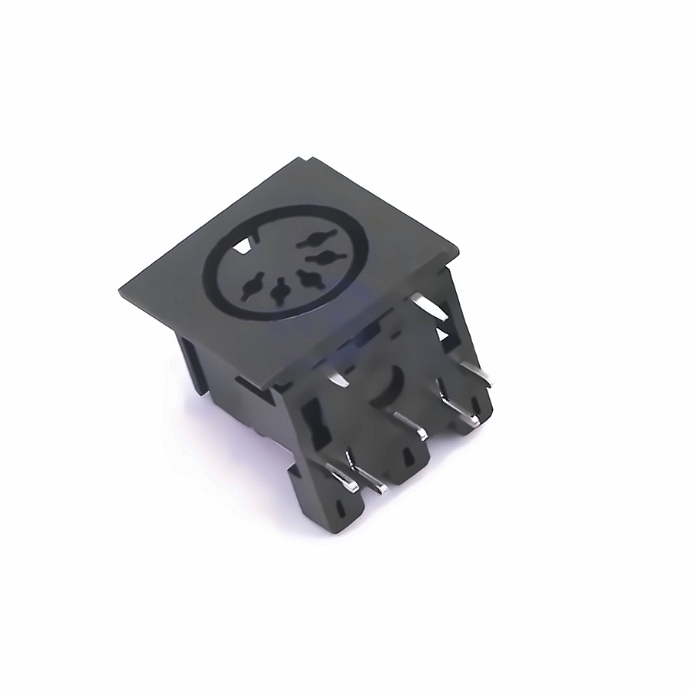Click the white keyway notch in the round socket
click(244, 247)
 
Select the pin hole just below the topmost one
click(323, 256)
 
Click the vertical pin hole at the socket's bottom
click(279, 290)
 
